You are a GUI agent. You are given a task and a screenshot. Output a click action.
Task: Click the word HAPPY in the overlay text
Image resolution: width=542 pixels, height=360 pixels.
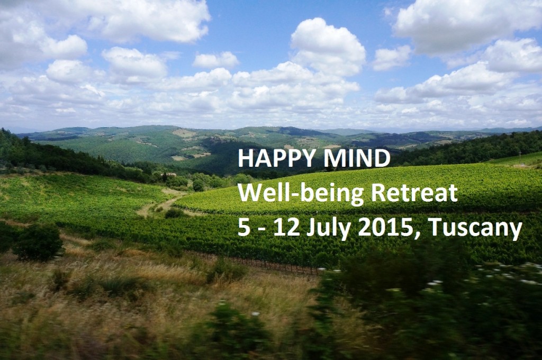[276, 159]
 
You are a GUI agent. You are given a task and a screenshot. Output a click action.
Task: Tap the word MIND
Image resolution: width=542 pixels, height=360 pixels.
[357, 159]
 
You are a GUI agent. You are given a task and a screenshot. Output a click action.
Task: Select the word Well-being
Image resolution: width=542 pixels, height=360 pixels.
[301, 194]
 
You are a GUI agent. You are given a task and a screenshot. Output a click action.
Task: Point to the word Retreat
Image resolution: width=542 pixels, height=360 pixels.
[414, 193]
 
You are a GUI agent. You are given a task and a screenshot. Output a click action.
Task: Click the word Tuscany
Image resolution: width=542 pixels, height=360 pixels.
[475, 230]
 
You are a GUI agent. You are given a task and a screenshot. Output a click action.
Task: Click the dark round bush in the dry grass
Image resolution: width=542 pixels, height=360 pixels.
[38, 242]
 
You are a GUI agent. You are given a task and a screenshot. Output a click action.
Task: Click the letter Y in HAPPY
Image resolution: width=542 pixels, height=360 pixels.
[306, 159]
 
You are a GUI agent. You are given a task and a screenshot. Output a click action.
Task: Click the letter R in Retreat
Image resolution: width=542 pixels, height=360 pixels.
[377, 194]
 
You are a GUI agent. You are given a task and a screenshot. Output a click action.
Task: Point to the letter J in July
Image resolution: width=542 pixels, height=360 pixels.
[311, 229]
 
